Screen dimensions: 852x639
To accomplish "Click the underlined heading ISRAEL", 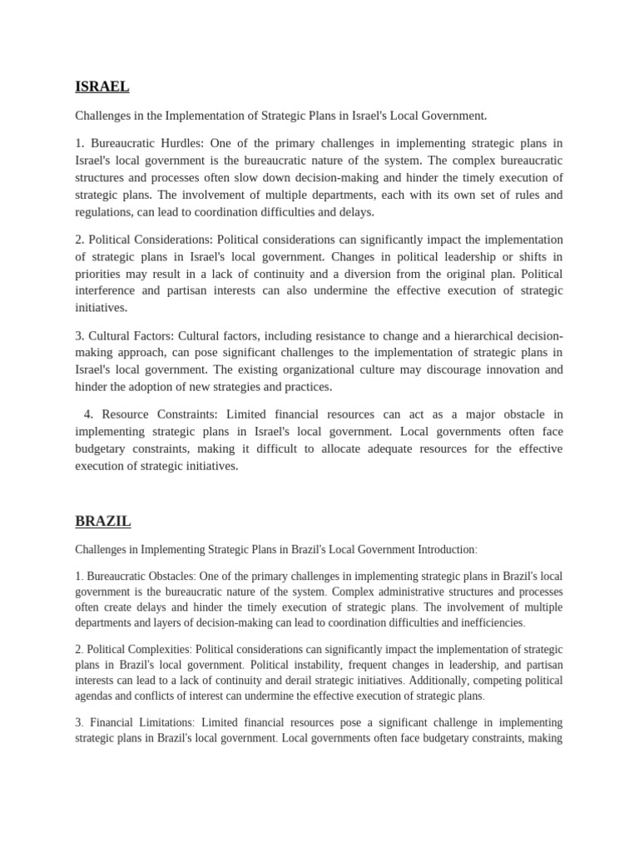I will pos(102,87).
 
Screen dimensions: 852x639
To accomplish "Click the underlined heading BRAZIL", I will pos(102,522).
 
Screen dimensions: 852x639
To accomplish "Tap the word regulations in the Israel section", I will pos(107,212).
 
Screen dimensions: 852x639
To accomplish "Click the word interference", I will pos(106,290).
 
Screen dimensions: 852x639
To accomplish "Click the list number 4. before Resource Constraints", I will pos(88,414).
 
